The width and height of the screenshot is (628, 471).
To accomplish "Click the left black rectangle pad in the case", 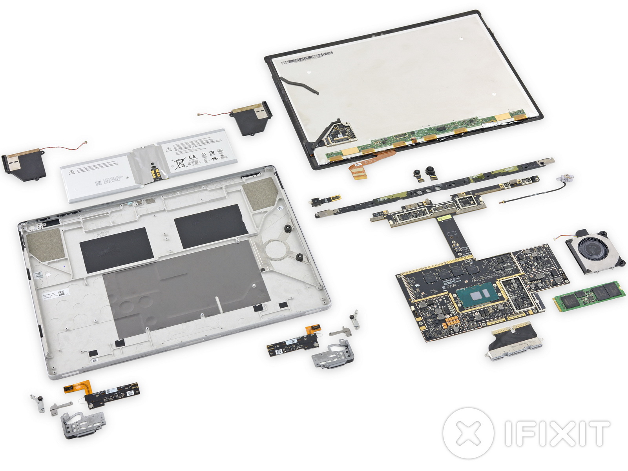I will [x=116, y=250].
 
